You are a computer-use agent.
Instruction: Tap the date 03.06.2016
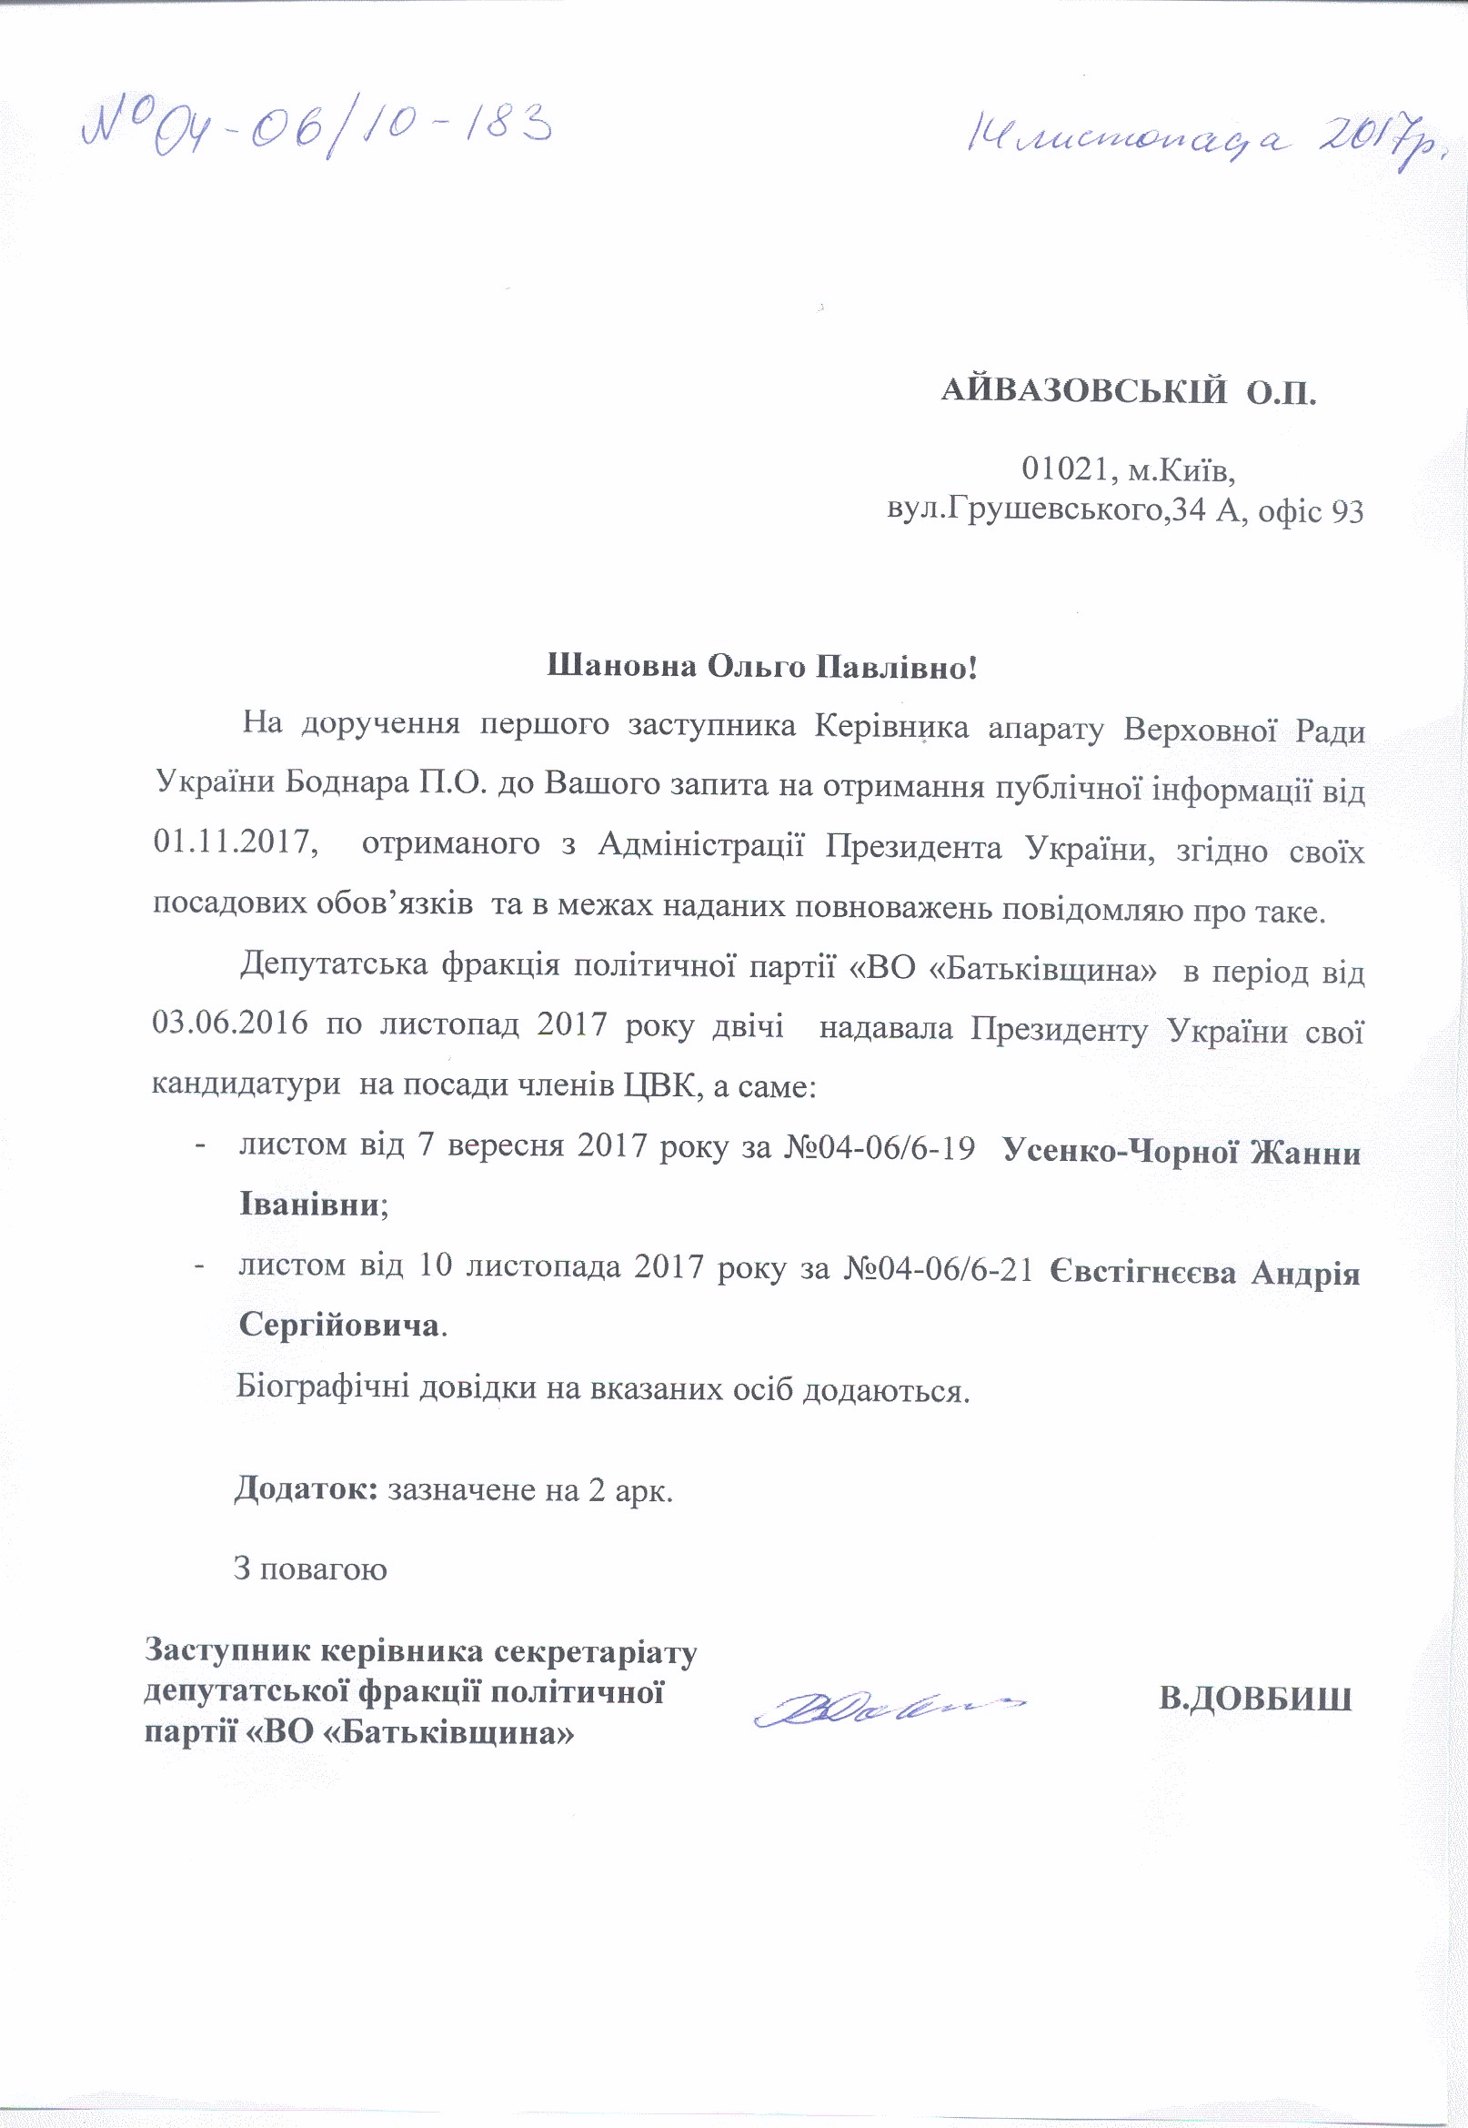[230, 1024]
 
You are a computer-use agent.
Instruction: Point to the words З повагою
[310, 1568]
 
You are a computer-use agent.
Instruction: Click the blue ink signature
[888, 1707]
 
